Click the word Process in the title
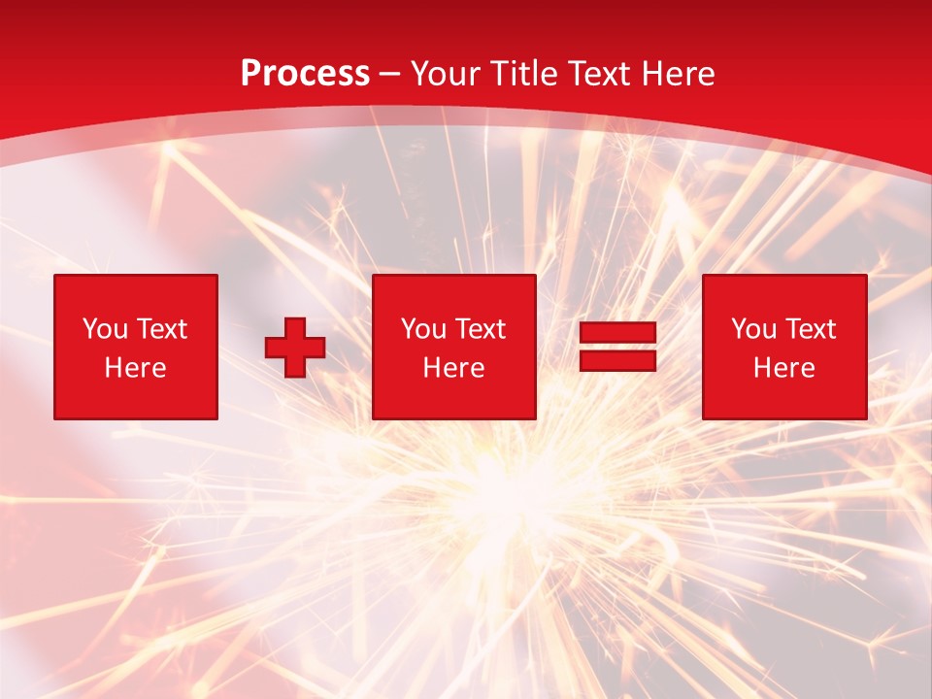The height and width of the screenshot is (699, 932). (305, 74)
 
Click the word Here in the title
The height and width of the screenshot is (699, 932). (680, 74)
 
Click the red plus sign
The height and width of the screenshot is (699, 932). (295, 348)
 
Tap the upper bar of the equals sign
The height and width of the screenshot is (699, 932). (617, 333)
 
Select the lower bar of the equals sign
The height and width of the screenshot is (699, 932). (617, 360)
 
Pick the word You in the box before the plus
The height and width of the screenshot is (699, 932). (105, 329)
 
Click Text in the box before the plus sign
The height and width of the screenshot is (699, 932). (161, 329)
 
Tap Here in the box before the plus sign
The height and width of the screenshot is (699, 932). (135, 368)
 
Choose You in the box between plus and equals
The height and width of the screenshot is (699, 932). (423, 329)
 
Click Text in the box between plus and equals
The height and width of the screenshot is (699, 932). (480, 329)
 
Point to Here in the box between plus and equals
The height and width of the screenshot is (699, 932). (453, 368)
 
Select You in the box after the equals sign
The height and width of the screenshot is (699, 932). (753, 329)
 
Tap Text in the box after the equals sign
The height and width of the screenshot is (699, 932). (810, 329)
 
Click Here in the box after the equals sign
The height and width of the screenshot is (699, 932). (783, 368)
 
